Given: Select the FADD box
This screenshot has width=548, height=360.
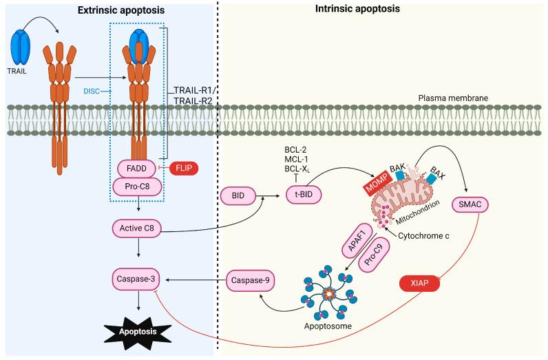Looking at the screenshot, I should [x=138, y=167].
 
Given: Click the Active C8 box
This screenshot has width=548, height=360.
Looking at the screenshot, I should [x=138, y=226].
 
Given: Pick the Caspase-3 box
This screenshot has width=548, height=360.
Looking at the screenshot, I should [x=138, y=279].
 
